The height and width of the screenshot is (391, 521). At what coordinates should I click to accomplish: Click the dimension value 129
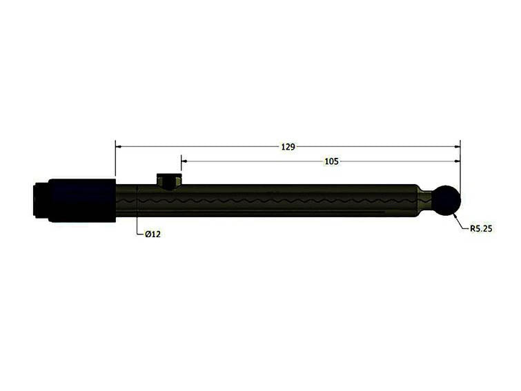pyautogui.click(x=288, y=147)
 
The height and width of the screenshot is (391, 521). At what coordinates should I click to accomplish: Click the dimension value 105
pyautogui.click(x=331, y=161)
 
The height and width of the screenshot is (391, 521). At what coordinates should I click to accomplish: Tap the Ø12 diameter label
pyautogui.click(x=153, y=234)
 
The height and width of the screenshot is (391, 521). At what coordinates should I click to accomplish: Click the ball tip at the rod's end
pyautogui.click(x=446, y=201)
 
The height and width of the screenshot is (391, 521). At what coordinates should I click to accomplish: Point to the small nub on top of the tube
pyautogui.click(x=169, y=181)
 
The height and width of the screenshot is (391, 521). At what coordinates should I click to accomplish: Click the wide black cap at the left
pyautogui.click(x=81, y=200)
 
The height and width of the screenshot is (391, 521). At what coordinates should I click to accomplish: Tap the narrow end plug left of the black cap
pyautogui.click(x=40, y=200)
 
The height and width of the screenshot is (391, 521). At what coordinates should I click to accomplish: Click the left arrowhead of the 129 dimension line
pyautogui.click(x=119, y=147)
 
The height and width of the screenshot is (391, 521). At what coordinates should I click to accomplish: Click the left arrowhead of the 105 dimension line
pyautogui.click(x=184, y=161)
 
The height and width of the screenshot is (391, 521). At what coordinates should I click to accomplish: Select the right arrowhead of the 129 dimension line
pyautogui.click(x=456, y=147)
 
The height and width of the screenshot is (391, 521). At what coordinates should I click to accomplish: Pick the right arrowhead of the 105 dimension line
pyautogui.click(x=456, y=161)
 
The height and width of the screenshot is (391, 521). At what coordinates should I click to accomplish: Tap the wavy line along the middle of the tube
pyautogui.click(x=276, y=201)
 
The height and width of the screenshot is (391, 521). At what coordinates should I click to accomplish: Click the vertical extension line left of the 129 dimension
pyautogui.click(x=115, y=159)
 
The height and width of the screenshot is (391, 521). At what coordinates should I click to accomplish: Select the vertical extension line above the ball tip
pyautogui.click(x=460, y=166)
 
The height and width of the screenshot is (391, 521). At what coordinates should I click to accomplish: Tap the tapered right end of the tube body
pyautogui.click(x=418, y=201)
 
